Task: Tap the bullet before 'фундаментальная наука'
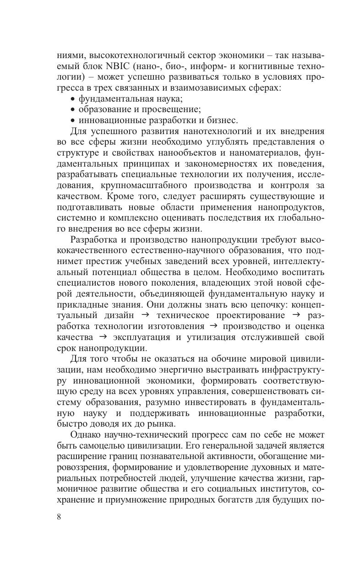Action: (x=73, y=99)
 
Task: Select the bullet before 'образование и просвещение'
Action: (x=73, y=110)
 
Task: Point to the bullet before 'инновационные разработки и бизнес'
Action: (x=73, y=121)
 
